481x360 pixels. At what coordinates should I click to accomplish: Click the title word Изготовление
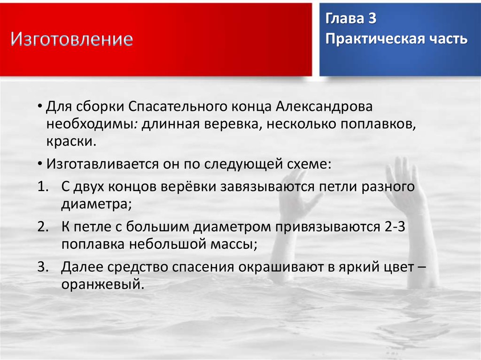point(72,39)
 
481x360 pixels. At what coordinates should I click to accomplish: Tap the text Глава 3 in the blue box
point(350,20)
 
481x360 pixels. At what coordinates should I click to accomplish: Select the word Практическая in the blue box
point(372,39)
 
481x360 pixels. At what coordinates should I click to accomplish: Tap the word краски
point(70,142)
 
